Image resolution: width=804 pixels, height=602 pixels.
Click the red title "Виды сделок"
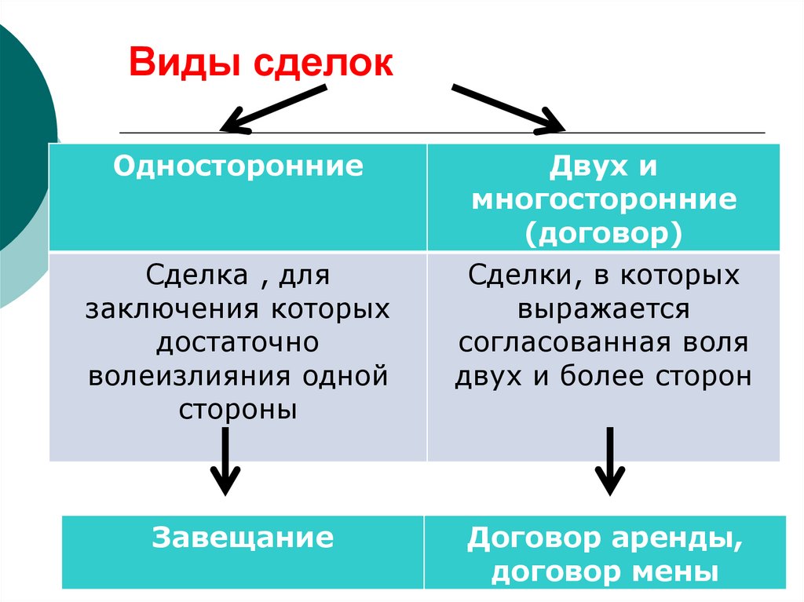pyautogui.click(x=261, y=63)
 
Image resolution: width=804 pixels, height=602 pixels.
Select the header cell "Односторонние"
pyautogui.click(x=238, y=166)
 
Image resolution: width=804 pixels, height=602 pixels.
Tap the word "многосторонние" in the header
pyautogui.click(x=603, y=199)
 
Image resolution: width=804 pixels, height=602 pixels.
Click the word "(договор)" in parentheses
pyautogui.click(x=603, y=233)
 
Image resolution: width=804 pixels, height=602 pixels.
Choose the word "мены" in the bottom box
pyautogui.click(x=681, y=571)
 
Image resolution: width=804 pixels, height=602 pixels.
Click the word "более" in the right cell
pyautogui.click(x=603, y=377)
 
